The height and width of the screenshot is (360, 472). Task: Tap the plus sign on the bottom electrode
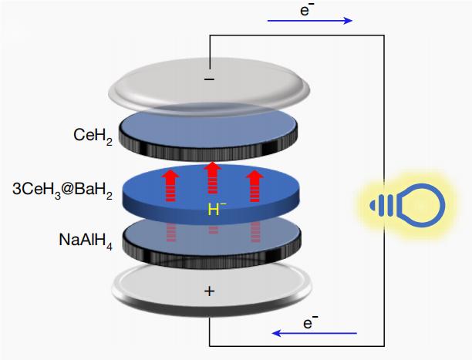[x=210, y=291]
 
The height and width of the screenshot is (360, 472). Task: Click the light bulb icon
[x=409, y=204]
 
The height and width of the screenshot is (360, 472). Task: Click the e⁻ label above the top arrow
[x=307, y=8]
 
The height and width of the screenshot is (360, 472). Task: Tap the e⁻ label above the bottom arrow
[x=311, y=323]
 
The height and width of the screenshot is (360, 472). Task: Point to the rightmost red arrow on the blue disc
[x=253, y=183]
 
